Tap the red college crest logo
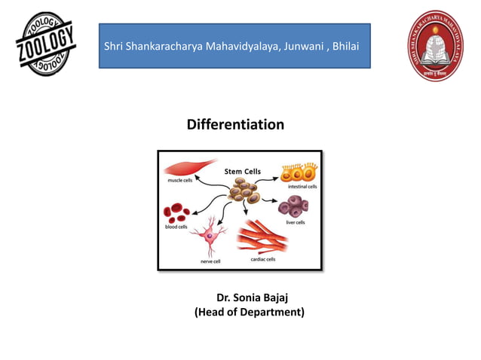tap(437, 48)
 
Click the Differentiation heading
tap(235, 124)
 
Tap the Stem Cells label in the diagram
tap(243, 172)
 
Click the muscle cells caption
tap(179, 181)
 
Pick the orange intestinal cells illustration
tap(297, 172)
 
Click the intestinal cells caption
tap(302, 186)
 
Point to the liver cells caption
tap(295, 222)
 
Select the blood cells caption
tap(176, 227)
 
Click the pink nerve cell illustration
tap(208, 236)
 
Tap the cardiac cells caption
tap(262, 259)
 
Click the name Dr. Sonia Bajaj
tap(250, 297)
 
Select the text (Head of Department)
tap(250, 312)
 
